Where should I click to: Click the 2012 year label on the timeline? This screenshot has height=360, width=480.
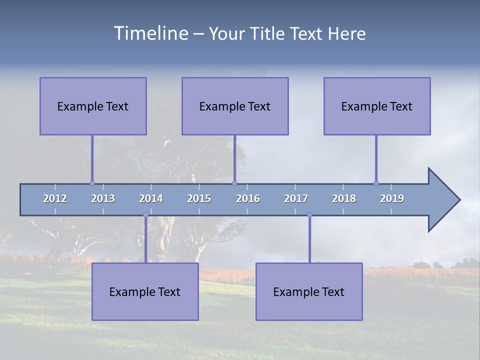pyautogui.click(x=55, y=198)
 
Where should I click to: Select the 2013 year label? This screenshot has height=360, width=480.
pyautogui.click(x=103, y=198)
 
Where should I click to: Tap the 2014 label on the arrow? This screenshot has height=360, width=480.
pyautogui.click(x=151, y=198)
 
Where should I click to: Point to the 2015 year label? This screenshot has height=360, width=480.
pyautogui.click(x=199, y=198)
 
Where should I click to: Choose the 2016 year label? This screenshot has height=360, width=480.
pyautogui.click(x=248, y=198)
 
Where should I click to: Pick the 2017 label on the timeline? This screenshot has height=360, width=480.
pyautogui.click(x=296, y=198)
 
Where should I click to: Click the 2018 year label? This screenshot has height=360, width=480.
pyautogui.click(x=344, y=198)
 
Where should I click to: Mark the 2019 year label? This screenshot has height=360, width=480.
pyautogui.click(x=392, y=198)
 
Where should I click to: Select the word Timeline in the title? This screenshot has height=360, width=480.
pyautogui.click(x=149, y=33)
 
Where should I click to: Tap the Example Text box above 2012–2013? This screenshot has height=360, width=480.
pyautogui.click(x=93, y=106)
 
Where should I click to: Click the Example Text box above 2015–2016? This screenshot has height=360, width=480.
pyautogui.click(x=235, y=106)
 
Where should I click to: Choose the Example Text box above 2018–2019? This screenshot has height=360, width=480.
pyautogui.click(x=377, y=106)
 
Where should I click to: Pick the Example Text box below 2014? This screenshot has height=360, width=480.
pyautogui.click(x=145, y=291)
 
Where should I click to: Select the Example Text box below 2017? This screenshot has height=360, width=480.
pyautogui.click(x=309, y=291)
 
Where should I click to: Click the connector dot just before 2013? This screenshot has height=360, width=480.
pyautogui.click(x=92, y=183)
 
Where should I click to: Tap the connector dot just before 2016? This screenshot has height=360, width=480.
pyautogui.click(x=235, y=183)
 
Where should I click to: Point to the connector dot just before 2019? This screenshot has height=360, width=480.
pyautogui.click(x=376, y=183)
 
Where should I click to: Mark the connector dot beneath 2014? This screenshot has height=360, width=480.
pyautogui.click(x=145, y=215)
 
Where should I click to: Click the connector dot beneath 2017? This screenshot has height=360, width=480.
pyautogui.click(x=309, y=215)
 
